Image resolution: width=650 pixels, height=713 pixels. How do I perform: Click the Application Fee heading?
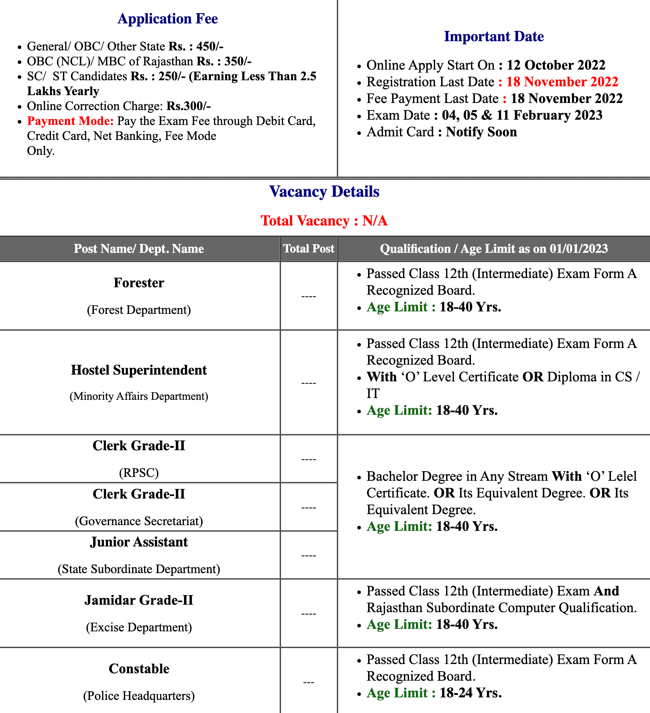168,19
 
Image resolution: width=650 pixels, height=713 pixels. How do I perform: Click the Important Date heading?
494,37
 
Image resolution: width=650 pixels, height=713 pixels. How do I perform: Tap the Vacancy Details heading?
324,192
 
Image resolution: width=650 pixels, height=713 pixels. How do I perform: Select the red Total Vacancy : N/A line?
324,221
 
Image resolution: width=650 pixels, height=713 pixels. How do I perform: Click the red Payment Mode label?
70,121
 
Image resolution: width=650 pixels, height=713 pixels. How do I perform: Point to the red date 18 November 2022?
562,82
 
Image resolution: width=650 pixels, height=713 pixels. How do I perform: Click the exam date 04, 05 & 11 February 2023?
522,115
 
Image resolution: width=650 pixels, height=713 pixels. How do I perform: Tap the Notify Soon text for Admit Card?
481,132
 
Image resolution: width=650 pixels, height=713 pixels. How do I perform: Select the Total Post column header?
309,249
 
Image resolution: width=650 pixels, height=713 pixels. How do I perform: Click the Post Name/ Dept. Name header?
139,249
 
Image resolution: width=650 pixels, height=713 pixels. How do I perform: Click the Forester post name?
139,283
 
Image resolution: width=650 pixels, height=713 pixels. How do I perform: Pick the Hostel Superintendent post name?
139,370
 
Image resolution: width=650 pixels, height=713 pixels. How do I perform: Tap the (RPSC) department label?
139,473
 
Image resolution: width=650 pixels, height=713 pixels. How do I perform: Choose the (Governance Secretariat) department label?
139,521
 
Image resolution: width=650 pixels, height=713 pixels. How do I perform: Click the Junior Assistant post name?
139,542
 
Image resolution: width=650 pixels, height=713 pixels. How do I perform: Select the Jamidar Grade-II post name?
139,600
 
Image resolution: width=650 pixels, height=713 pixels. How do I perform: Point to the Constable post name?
139,669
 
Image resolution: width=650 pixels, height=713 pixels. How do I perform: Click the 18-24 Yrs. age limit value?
471,693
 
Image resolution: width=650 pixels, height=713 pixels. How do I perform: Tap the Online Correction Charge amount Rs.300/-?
189,106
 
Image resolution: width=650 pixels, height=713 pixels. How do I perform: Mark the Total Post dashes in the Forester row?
309,296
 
